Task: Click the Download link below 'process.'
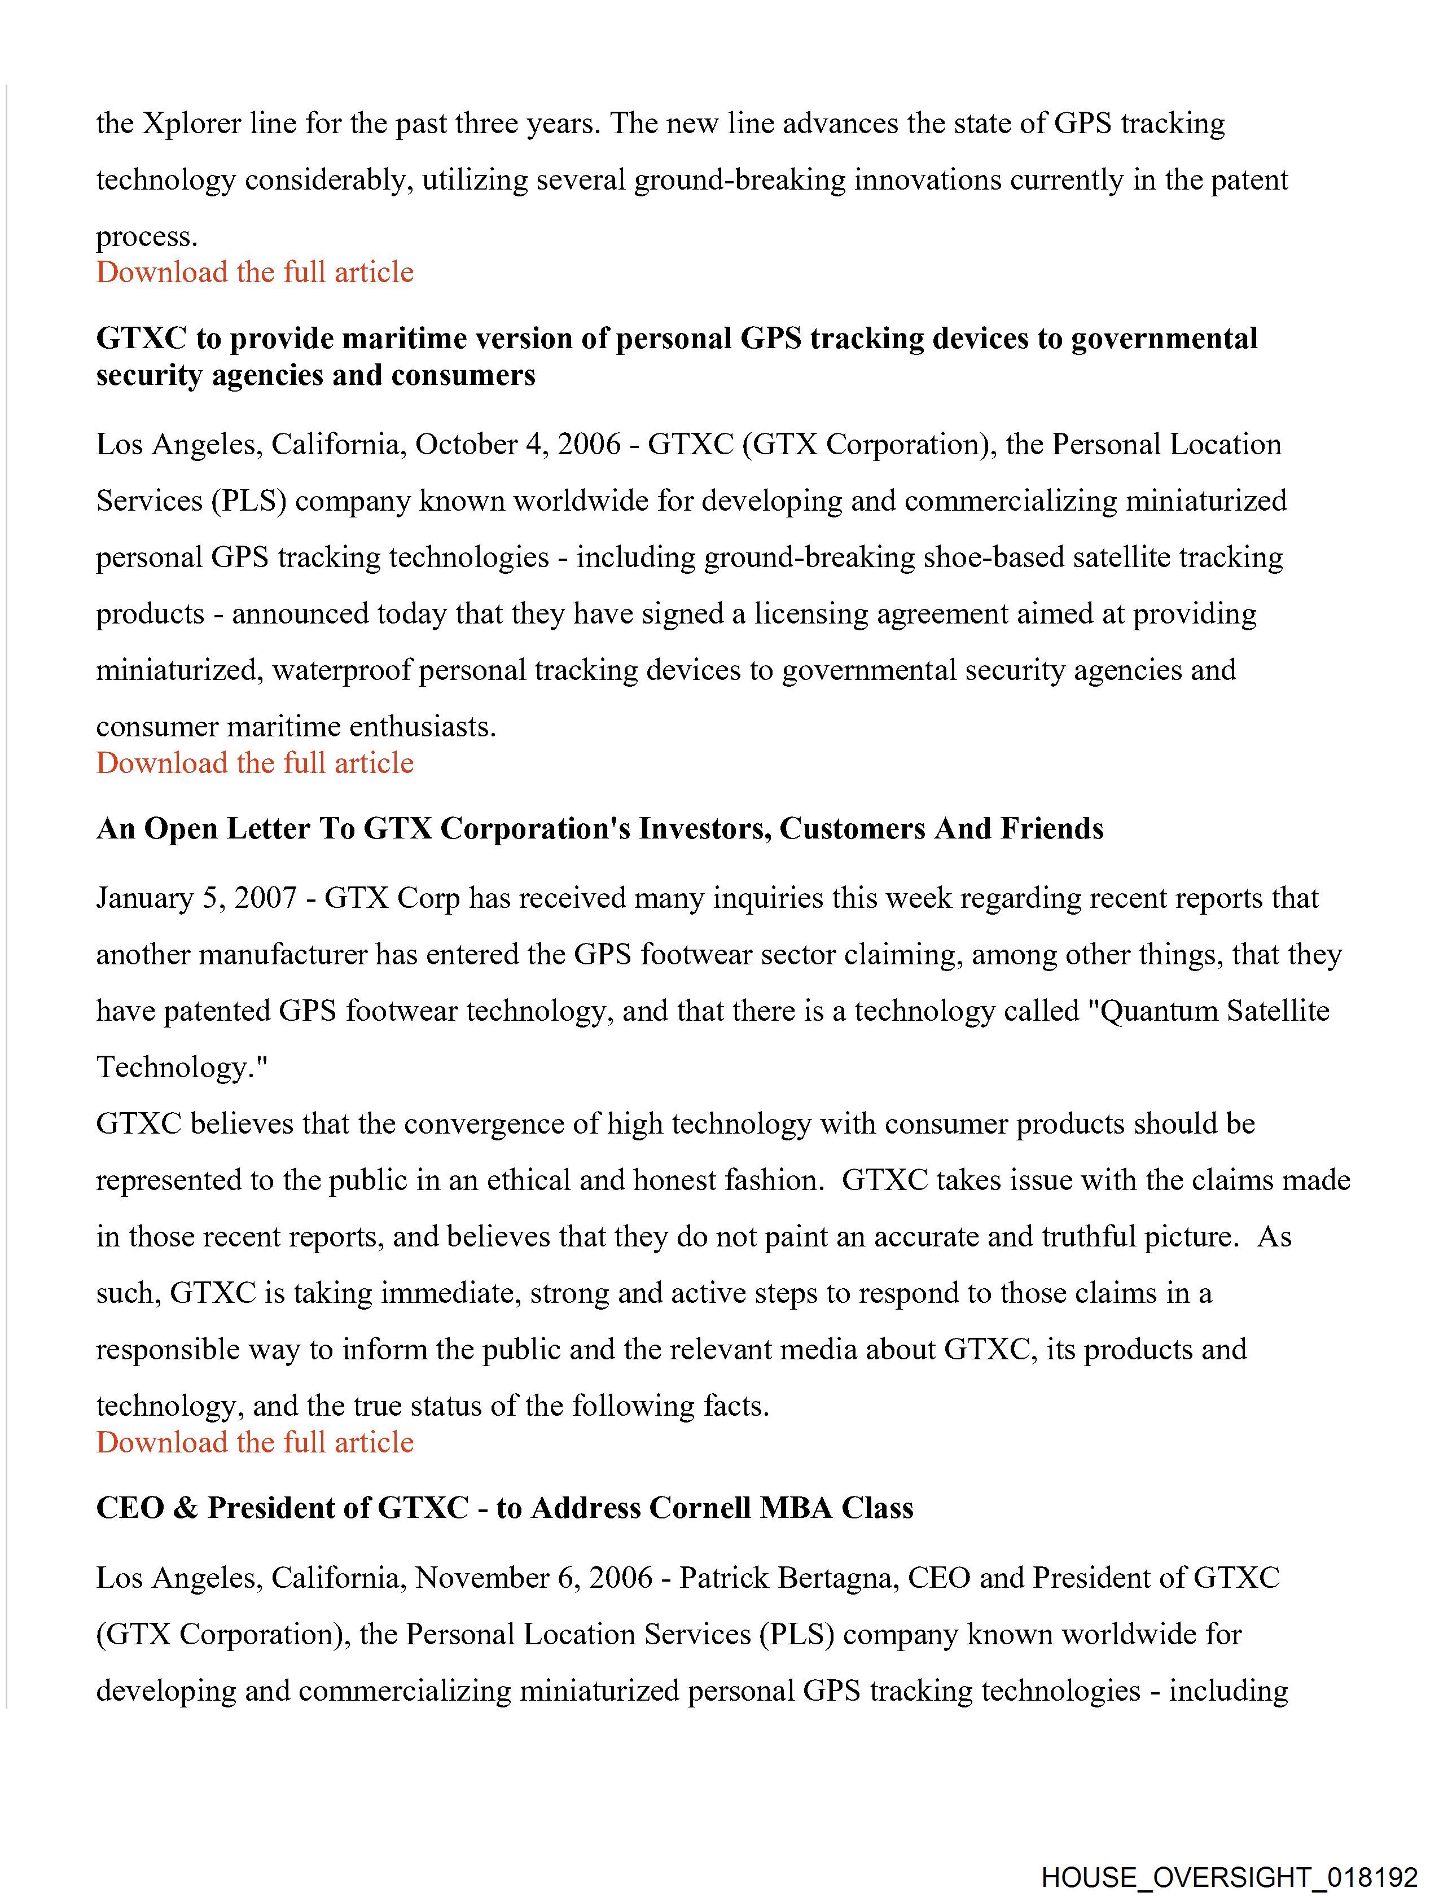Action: click(255, 273)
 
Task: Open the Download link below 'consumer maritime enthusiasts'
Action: click(255, 763)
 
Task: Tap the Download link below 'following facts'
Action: click(255, 1442)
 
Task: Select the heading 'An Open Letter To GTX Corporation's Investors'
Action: click(599, 828)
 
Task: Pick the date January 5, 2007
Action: click(197, 898)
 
